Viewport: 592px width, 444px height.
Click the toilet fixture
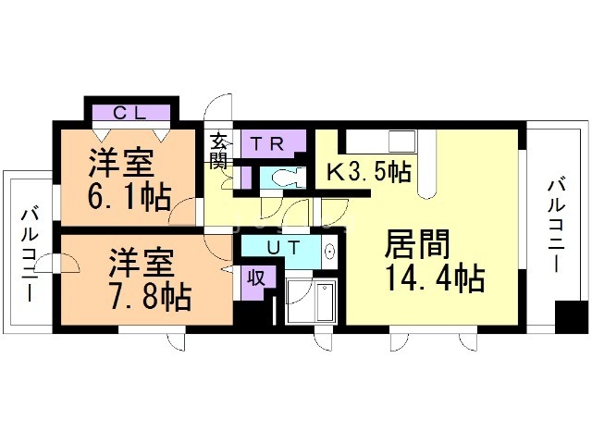point(281,178)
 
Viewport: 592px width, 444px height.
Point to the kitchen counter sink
point(401,142)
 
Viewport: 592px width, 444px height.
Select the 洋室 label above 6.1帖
point(120,165)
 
